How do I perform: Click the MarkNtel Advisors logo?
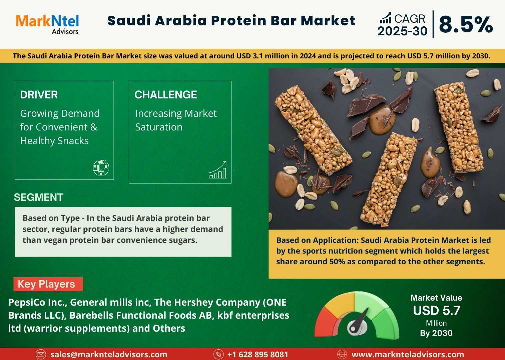pyautogui.click(x=47, y=24)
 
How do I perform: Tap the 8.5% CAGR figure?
pyautogui.click(x=466, y=25)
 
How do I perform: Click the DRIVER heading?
pyautogui.click(x=39, y=95)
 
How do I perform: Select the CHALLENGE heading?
pyautogui.click(x=166, y=95)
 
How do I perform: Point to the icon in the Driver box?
pyautogui.click(x=101, y=167)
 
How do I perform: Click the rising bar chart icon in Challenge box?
pyautogui.click(x=218, y=170)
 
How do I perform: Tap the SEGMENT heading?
pyautogui.click(x=39, y=197)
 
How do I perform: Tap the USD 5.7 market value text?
pyautogui.click(x=436, y=311)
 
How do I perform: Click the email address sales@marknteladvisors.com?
pyautogui.click(x=109, y=354)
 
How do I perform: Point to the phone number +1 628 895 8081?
pyautogui.click(x=258, y=354)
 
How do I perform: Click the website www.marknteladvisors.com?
pyautogui.click(x=408, y=354)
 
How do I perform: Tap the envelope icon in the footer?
pyautogui.click(x=41, y=354)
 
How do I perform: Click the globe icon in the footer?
pyautogui.click(x=342, y=354)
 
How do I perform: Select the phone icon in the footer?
pyautogui.click(x=218, y=354)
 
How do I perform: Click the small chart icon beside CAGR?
pyautogui.click(x=386, y=18)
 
